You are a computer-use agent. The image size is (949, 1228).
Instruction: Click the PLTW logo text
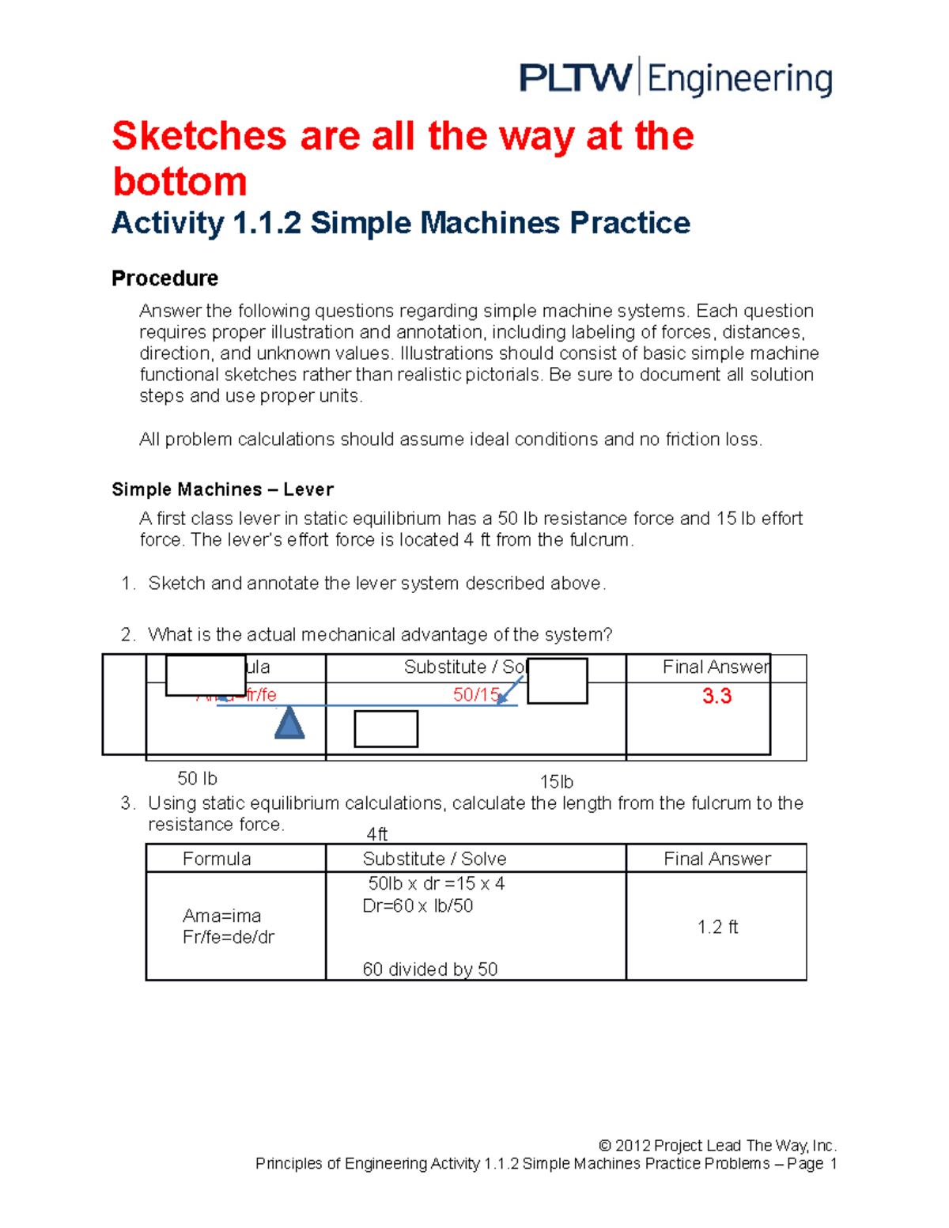point(575,79)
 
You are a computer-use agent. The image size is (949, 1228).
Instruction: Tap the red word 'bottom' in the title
point(180,182)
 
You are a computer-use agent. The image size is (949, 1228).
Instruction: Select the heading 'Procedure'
point(164,278)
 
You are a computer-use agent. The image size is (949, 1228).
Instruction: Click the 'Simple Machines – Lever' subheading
point(222,489)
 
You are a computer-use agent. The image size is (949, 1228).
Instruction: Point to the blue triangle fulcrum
point(289,723)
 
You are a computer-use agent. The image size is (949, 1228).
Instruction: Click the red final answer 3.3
point(716,696)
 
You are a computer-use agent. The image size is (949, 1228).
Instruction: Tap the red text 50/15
point(476,694)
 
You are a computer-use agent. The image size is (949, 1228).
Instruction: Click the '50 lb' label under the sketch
point(197,779)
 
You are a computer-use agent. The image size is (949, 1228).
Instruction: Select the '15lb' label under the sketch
point(556,782)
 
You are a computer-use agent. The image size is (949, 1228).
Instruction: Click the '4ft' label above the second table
point(377,834)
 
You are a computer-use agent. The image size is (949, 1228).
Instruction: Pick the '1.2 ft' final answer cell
point(717,927)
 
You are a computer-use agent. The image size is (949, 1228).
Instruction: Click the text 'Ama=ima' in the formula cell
point(221,916)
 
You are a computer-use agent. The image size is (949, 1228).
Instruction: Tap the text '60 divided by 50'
point(430,969)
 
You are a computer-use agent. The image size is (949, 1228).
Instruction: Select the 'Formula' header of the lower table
point(217,859)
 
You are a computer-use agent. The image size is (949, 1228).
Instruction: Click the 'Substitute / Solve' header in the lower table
point(434,859)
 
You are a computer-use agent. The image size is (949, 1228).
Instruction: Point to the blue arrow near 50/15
point(510,690)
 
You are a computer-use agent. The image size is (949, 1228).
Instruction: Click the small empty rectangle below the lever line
point(386,729)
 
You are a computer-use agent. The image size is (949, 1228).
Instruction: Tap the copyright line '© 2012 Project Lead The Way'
point(717,1145)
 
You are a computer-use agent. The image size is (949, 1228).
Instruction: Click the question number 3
point(127,803)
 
